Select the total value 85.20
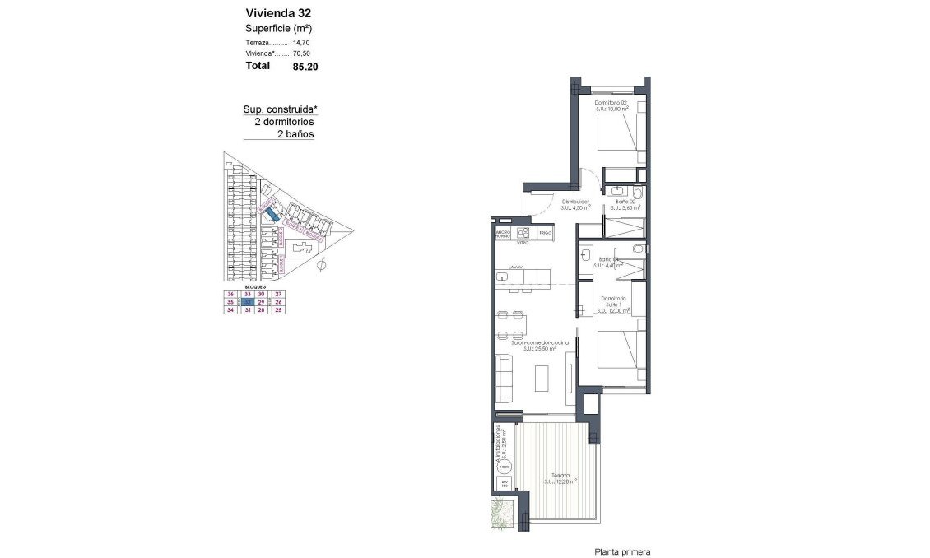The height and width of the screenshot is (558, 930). [x=305, y=67]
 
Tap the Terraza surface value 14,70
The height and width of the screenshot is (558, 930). [x=301, y=42]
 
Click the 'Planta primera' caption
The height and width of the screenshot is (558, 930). [x=622, y=552]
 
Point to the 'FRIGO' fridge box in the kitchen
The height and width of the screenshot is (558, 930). [x=545, y=234]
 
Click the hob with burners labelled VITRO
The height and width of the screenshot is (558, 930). [x=523, y=234]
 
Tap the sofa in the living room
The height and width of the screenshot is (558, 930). [x=502, y=379]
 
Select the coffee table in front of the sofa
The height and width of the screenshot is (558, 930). [x=542, y=379]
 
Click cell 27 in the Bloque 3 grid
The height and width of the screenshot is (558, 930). [x=278, y=294]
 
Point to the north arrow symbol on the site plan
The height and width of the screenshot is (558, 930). [x=323, y=264]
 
